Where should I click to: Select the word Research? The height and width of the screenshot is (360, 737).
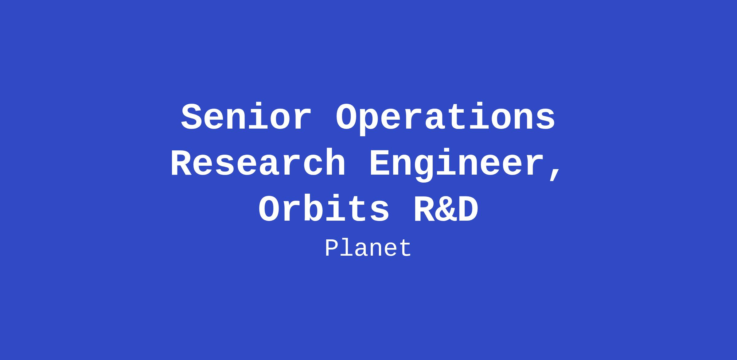point(258,162)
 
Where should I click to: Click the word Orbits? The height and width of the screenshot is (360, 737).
point(324,209)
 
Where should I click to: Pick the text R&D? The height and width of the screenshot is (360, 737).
point(446,209)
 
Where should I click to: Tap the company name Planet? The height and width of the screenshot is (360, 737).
point(368,248)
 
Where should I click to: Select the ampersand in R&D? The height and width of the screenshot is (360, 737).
point(446,209)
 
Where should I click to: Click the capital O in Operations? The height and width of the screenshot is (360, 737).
point(346,117)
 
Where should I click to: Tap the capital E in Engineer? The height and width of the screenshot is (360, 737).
point(380,162)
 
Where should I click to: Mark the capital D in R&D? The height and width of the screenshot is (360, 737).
point(468,209)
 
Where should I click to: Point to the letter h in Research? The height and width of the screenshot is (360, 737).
point(335,162)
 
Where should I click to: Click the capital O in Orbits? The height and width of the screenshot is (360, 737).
point(269,209)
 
